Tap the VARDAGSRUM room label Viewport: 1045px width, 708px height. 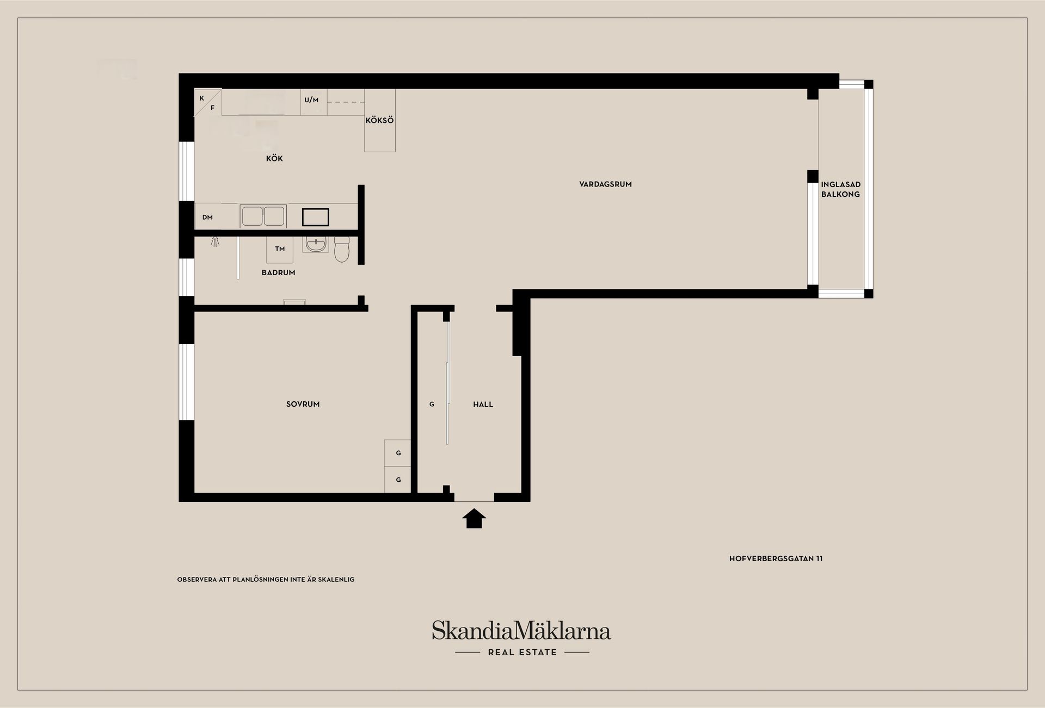(605, 184)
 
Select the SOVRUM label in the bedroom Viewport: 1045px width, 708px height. (303, 404)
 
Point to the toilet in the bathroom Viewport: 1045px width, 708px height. (342, 249)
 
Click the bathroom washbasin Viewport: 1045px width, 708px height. (315, 245)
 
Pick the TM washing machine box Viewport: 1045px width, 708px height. (280, 250)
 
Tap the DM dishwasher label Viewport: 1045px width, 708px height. (207, 218)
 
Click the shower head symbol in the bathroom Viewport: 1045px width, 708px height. (216, 241)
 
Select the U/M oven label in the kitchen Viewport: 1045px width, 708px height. (311, 100)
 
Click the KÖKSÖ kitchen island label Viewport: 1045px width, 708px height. (379, 120)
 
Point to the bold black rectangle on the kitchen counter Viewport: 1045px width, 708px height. (316, 217)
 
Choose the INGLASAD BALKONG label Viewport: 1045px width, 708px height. (840, 189)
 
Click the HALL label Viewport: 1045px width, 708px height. (483, 405)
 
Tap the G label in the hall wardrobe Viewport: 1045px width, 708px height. (432, 405)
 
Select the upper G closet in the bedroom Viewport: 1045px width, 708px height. (398, 453)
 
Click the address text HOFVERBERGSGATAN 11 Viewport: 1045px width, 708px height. (776, 558)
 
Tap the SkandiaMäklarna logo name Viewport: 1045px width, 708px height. (521, 631)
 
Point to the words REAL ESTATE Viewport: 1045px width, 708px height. (522, 653)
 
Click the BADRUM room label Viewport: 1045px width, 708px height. (278, 272)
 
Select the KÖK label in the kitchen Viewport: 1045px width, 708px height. (274, 159)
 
